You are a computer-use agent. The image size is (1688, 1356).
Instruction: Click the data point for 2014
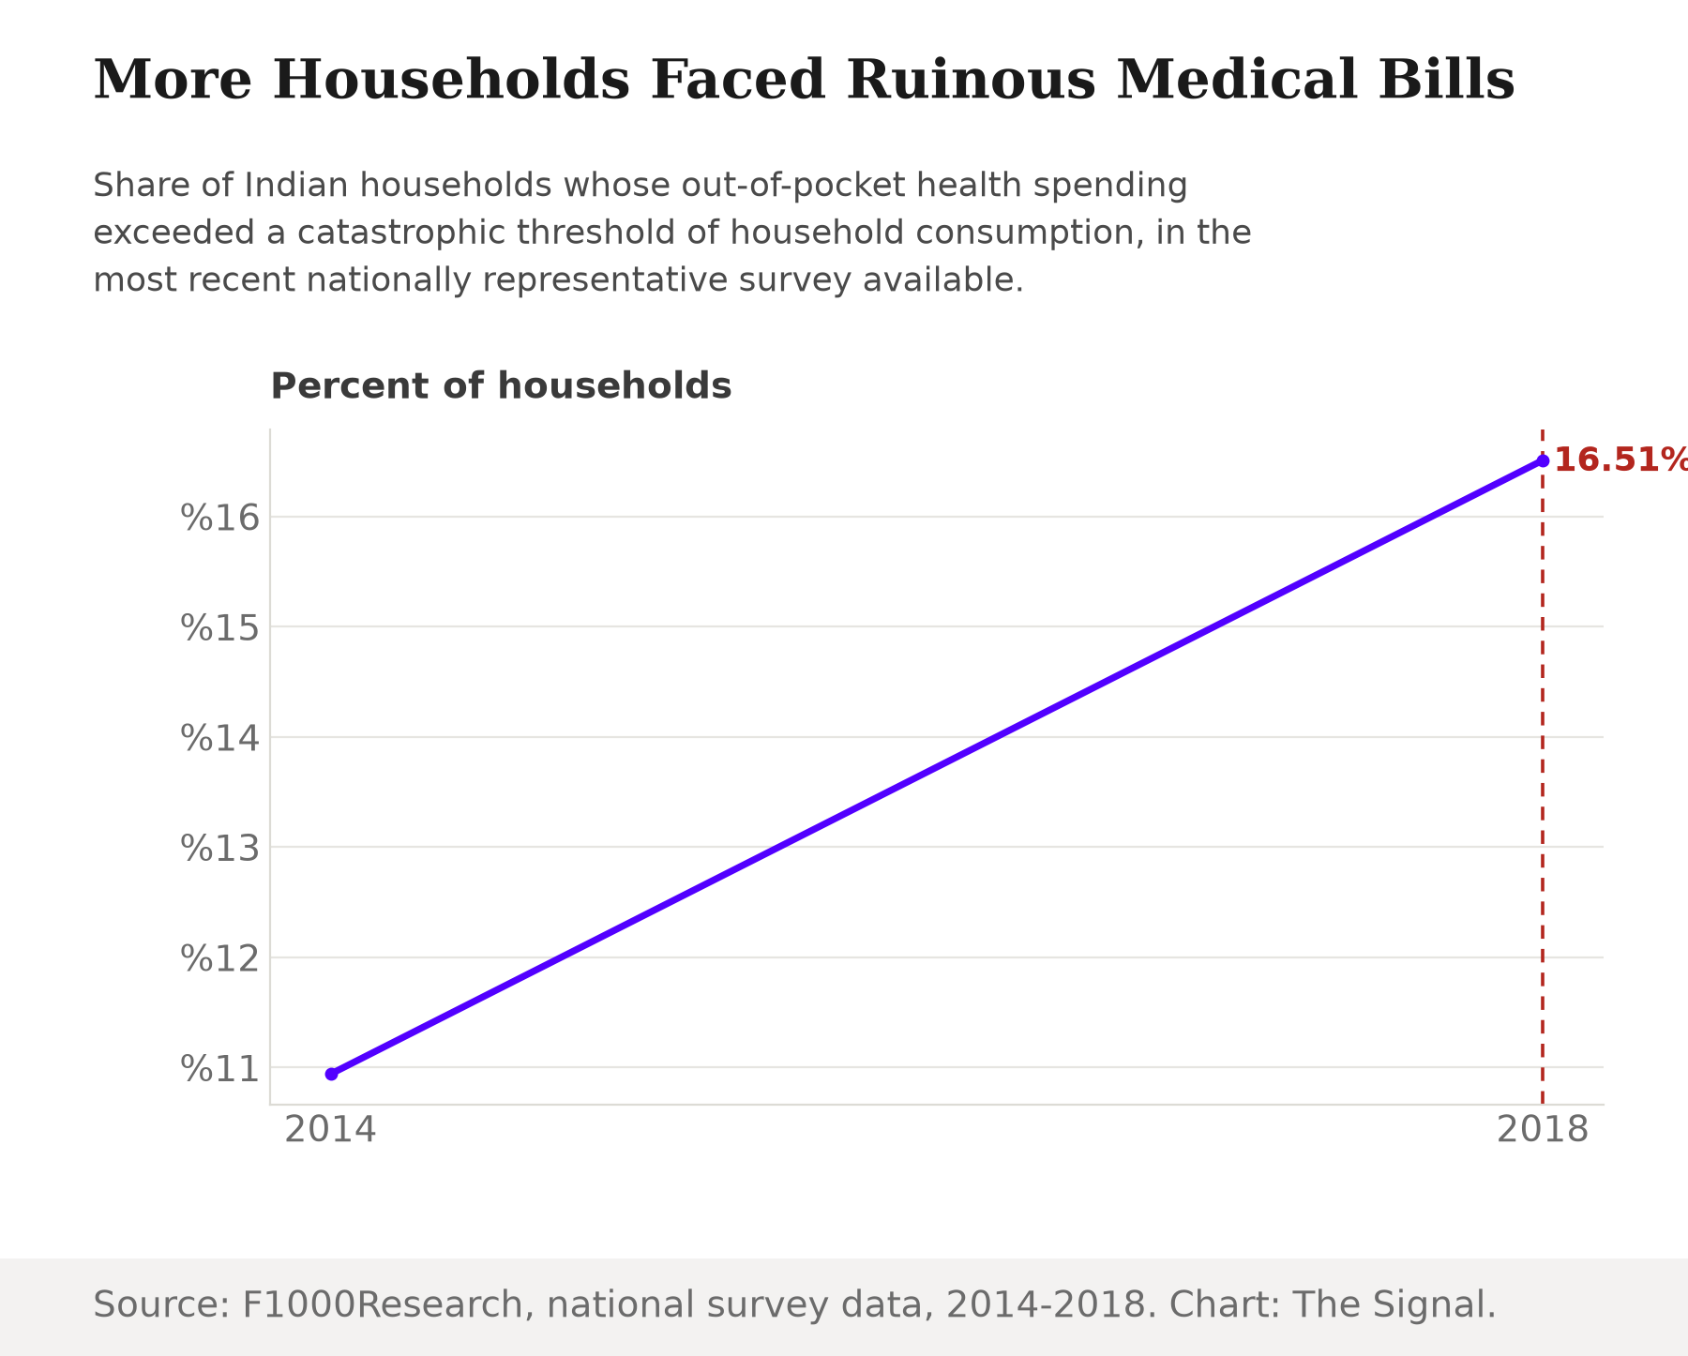pyautogui.click(x=331, y=1074)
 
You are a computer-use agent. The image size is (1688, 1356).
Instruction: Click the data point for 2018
pyautogui.click(x=1543, y=460)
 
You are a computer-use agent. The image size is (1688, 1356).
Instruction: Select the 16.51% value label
pyautogui.click(x=1620, y=460)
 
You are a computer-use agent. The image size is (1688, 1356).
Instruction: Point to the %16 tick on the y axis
pyautogui.click(x=219, y=518)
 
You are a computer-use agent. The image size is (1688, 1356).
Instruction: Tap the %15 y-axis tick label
pyautogui.click(x=219, y=627)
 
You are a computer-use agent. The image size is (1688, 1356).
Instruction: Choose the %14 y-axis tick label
pyautogui.click(x=219, y=738)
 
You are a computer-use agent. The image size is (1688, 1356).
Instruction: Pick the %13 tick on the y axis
pyautogui.click(x=219, y=848)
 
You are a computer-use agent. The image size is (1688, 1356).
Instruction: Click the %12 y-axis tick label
pyautogui.click(x=219, y=958)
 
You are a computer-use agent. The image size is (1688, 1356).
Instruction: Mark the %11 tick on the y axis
pyautogui.click(x=219, y=1068)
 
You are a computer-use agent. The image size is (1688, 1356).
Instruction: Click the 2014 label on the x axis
pyautogui.click(x=331, y=1130)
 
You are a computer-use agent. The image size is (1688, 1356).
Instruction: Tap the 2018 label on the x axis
pyautogui.click(x=1543, y=1130)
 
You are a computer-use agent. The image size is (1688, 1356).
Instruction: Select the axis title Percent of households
pyautogui.click(x=501, y=386)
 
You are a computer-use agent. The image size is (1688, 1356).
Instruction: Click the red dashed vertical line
pyautogui.click(x=1543, y=767)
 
